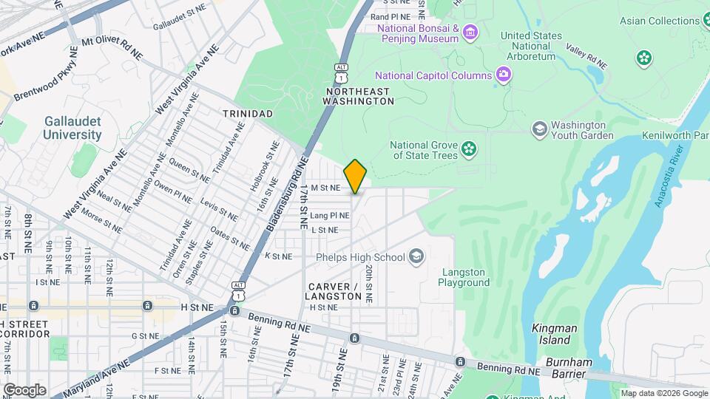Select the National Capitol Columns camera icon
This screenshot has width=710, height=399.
click(x=504, y=74)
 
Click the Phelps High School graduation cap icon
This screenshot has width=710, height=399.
click(x=417, y=256)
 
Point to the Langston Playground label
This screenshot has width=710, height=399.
click(x=464, y=277)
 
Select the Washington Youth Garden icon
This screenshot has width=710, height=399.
click(x=539, y=129)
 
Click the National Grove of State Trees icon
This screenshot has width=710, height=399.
click(x=469, y=149)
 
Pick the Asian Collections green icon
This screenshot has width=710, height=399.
click(x=645, y=57)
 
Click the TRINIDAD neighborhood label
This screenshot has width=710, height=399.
click(x=248, y=114)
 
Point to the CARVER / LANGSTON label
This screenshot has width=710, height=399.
click(x=333, y=291)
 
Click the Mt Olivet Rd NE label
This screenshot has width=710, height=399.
click(x=112, y=48)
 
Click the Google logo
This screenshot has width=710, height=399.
click(x=24, y=389)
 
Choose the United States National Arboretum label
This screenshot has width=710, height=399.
click(x=531, y=46)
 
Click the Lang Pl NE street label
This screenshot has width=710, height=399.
click(x=330, y=215)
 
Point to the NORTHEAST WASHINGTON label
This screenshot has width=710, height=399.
click(x=356, y=96)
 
